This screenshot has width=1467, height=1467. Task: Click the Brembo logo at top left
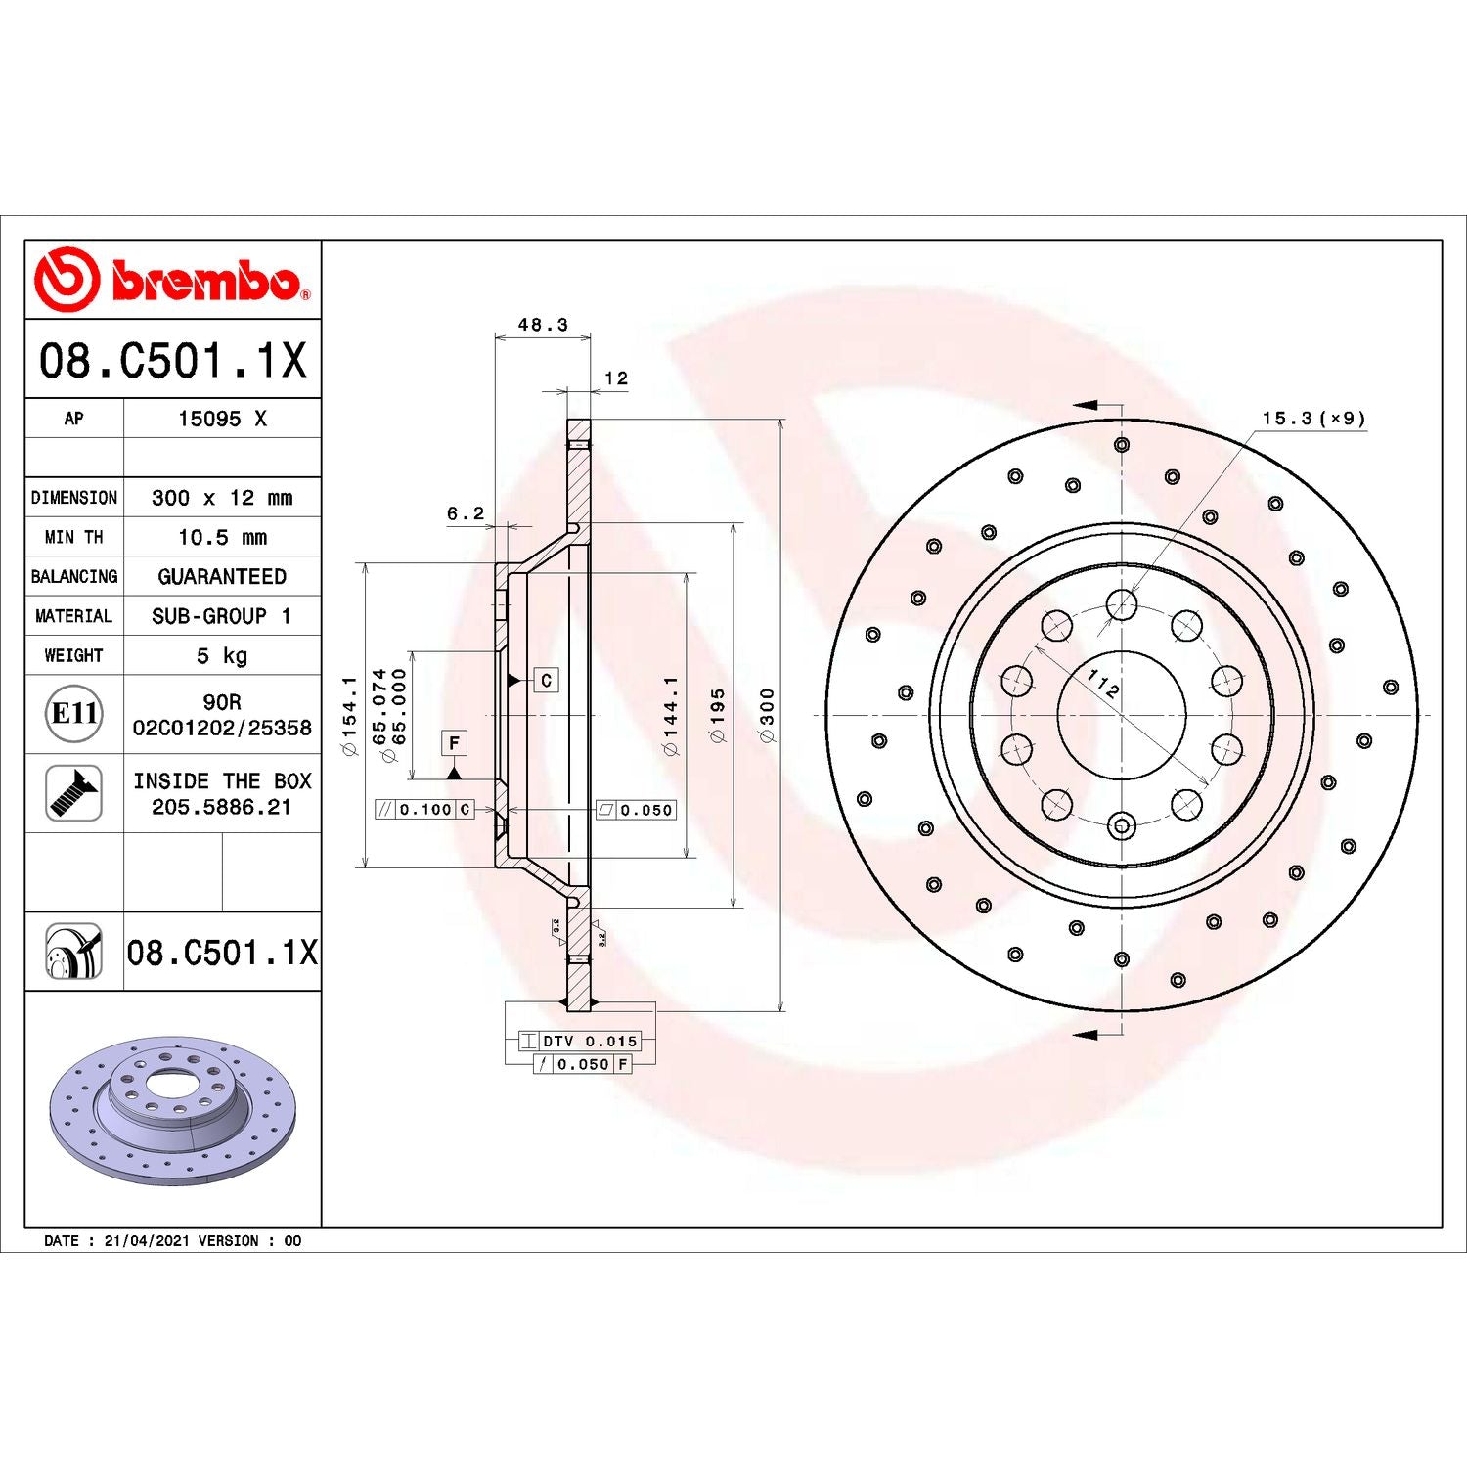[172, 280]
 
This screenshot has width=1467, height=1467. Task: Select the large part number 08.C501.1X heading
[172, 360]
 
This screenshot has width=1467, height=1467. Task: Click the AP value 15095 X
[222, 419]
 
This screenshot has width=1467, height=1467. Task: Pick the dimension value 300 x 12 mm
[222, 498]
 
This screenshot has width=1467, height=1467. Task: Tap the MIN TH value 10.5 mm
[222, 537]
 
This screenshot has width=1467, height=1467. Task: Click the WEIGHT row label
[73, 655]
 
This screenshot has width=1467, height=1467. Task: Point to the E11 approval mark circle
[74, 714]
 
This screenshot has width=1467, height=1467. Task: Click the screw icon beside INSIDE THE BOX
[74, 793]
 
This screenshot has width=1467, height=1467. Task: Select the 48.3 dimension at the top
[543, 325]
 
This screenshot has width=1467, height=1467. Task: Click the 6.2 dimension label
[466, 513]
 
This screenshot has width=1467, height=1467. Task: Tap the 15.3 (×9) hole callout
[1313, 419]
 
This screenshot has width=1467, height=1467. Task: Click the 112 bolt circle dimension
[1103, 683]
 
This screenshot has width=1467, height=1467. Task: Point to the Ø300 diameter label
[768, 715]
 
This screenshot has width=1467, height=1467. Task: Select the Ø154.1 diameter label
[349, 715]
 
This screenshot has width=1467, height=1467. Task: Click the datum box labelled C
[546, 680]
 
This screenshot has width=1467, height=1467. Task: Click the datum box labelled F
[454, 743]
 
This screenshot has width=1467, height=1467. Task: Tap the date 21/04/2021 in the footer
[146, 1240]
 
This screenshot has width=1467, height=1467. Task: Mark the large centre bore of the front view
[1122, 715]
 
